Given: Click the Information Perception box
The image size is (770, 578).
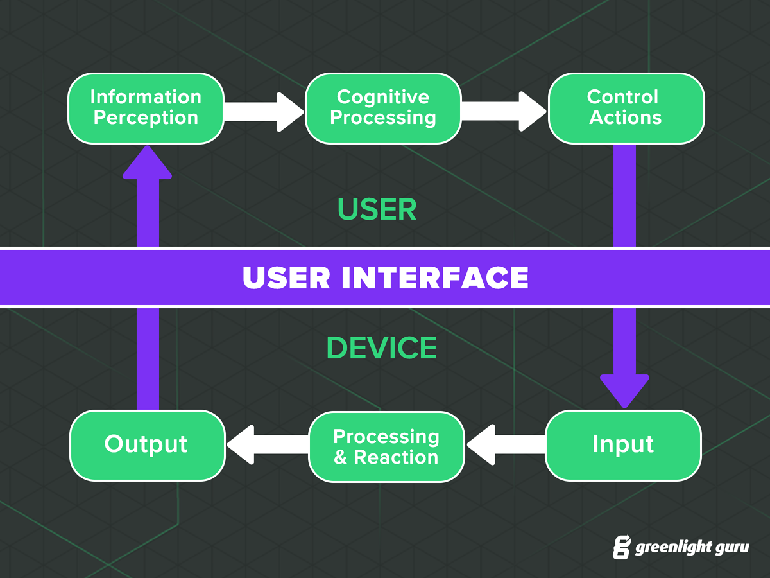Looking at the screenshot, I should point(146,108).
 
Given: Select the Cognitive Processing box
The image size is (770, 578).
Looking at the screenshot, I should point(383,108).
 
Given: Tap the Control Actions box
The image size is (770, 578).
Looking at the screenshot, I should point(626,108).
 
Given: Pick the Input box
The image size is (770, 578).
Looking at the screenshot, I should point(623,445).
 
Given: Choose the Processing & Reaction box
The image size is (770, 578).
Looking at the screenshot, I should point(386,446).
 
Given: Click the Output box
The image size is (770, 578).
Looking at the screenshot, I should point(147,445).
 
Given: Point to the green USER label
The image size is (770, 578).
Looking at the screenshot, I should point(377,210).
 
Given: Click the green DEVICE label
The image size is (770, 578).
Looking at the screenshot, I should point(382,348).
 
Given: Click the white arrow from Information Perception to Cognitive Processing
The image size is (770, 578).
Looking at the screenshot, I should point(264,111).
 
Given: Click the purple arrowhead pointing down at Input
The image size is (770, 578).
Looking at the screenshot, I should point(624,390).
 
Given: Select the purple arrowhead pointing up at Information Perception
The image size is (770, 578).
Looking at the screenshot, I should point(148,162).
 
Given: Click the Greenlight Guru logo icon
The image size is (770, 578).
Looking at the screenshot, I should point(621,547).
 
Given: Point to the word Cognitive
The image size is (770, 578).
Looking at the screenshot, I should point(383,97).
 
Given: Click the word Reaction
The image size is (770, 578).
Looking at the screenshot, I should point(396,457).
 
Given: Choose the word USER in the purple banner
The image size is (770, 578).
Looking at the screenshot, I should point(287,277).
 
